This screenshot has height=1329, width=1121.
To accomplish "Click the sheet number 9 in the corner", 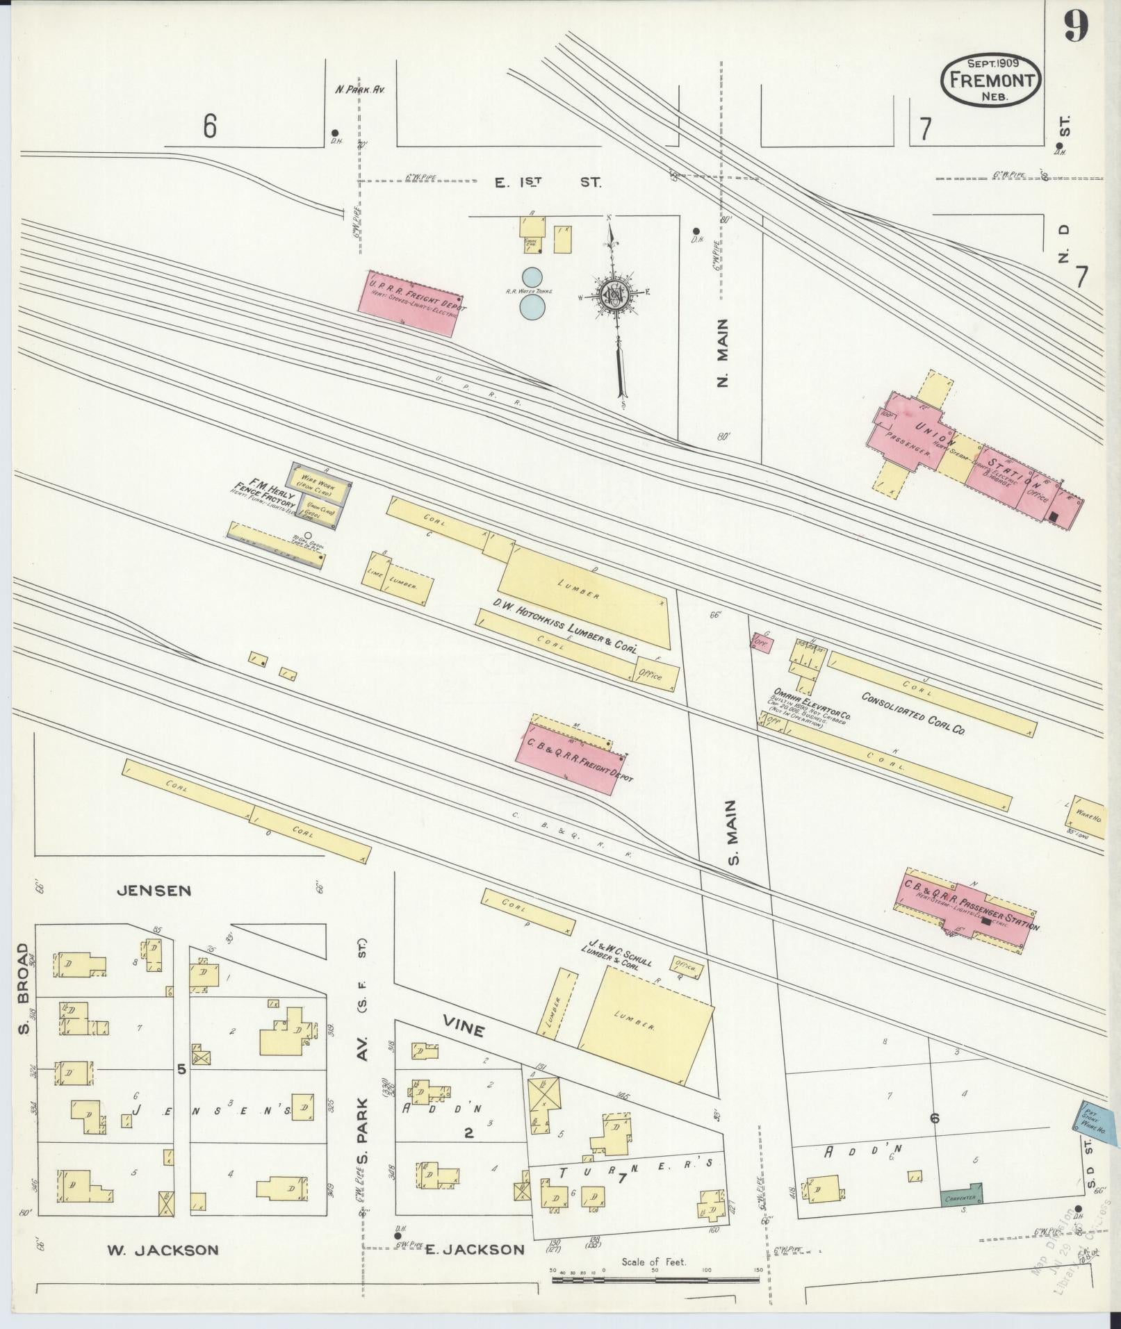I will click(x=1074, y=30).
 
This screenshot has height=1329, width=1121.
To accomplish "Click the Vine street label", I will click(x=464, y=1028).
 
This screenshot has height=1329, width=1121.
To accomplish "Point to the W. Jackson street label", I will click(x=163, y=1250).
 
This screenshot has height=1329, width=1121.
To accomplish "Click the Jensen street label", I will click(x=154, y=891).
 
